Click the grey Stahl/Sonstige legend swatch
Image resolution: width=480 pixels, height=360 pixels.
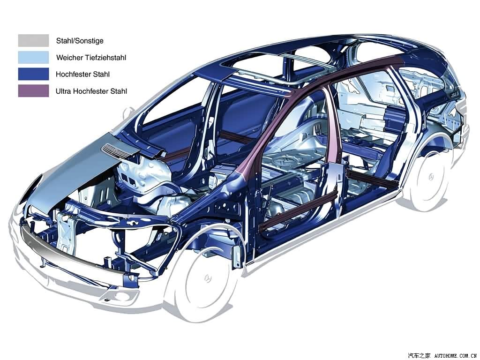[x=33, y=40]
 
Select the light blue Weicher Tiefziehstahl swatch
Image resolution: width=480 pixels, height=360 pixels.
[x=33, y=57]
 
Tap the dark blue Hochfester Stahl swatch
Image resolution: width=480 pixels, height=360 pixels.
[x=33, y=74]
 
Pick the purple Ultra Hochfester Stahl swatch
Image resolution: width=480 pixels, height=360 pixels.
[x=33, y=91]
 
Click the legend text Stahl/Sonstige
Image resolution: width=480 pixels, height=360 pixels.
[x=80, y=41]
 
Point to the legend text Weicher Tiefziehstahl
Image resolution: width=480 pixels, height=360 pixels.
[x=91, y=58]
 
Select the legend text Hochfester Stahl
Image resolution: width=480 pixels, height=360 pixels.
[x=82, y=75]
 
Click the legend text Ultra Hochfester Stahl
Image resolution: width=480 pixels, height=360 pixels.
[x=91, y=91]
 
